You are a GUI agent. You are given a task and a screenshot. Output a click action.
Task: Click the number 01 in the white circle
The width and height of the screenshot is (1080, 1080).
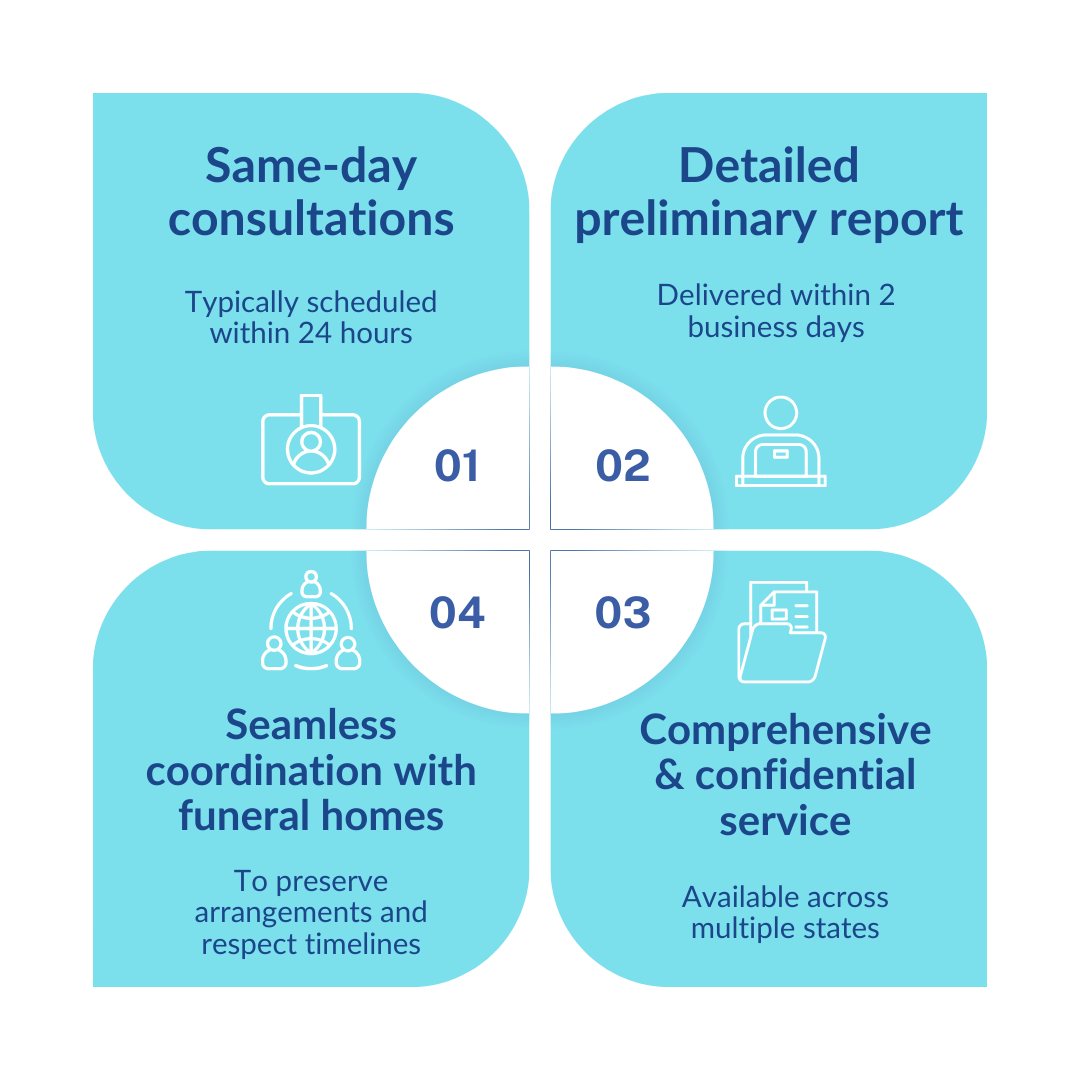(457, 466)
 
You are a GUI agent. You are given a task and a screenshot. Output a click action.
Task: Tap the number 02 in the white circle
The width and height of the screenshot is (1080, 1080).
(623, 466)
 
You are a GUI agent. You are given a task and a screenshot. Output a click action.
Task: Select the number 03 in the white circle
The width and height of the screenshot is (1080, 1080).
(623, 612)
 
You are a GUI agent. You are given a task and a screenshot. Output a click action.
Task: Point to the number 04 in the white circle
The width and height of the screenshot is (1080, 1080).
(457, 612)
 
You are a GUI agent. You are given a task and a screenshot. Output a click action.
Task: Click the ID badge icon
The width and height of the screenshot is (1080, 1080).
(311, 441)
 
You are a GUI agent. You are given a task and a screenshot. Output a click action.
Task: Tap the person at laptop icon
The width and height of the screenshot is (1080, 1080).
(781, 442)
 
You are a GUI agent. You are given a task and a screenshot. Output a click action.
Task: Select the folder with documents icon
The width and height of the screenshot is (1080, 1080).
(781, 632)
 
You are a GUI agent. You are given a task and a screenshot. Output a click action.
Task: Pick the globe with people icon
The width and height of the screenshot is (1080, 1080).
(311, 622)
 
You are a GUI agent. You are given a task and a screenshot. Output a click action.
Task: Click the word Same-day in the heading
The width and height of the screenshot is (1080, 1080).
(311, 167)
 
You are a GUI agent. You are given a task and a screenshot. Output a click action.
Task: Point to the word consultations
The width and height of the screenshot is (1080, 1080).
(311, 219)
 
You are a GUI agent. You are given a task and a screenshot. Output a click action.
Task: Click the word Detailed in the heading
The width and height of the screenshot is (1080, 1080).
(769, 166)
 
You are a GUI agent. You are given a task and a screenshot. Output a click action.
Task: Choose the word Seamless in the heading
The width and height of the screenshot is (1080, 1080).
(311, 724)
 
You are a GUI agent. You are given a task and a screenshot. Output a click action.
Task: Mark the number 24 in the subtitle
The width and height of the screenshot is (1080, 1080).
(314, 333)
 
